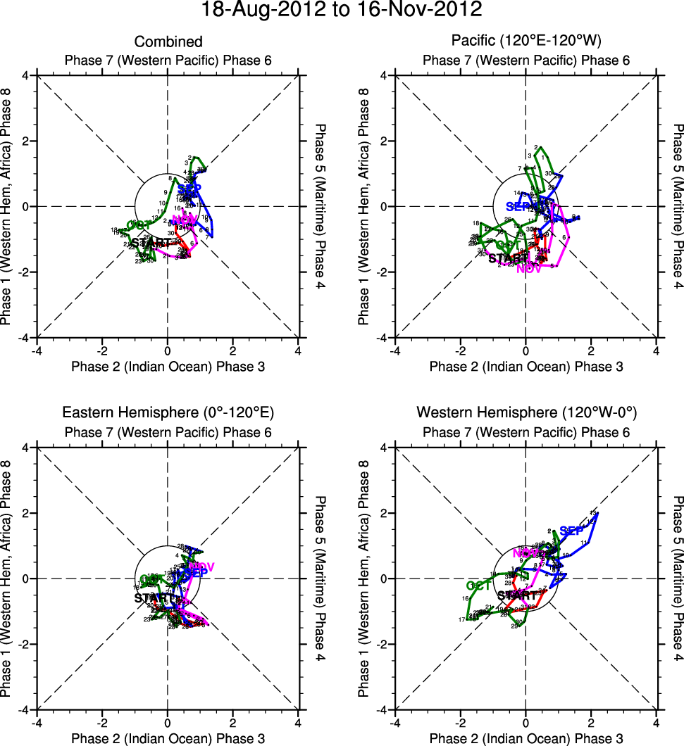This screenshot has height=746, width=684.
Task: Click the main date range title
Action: [342, 10]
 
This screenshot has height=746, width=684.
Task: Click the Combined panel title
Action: [168, 42]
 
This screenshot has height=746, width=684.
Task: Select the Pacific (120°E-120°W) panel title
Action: [526, 42]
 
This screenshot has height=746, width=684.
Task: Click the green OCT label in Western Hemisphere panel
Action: [479, 585]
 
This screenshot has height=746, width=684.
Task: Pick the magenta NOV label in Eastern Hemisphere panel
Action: [201, 567]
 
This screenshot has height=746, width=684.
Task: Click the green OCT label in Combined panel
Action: [139, 225]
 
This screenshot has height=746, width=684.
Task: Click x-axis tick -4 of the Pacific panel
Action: [395, 350]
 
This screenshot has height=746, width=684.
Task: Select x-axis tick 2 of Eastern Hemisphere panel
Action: [233, 722]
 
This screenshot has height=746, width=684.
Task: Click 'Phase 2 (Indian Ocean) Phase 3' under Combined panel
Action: [168, 366]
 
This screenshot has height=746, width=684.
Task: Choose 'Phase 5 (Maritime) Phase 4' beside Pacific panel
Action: [678, 207]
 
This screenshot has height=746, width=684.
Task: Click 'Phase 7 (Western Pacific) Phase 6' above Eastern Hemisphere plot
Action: [168, 431]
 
